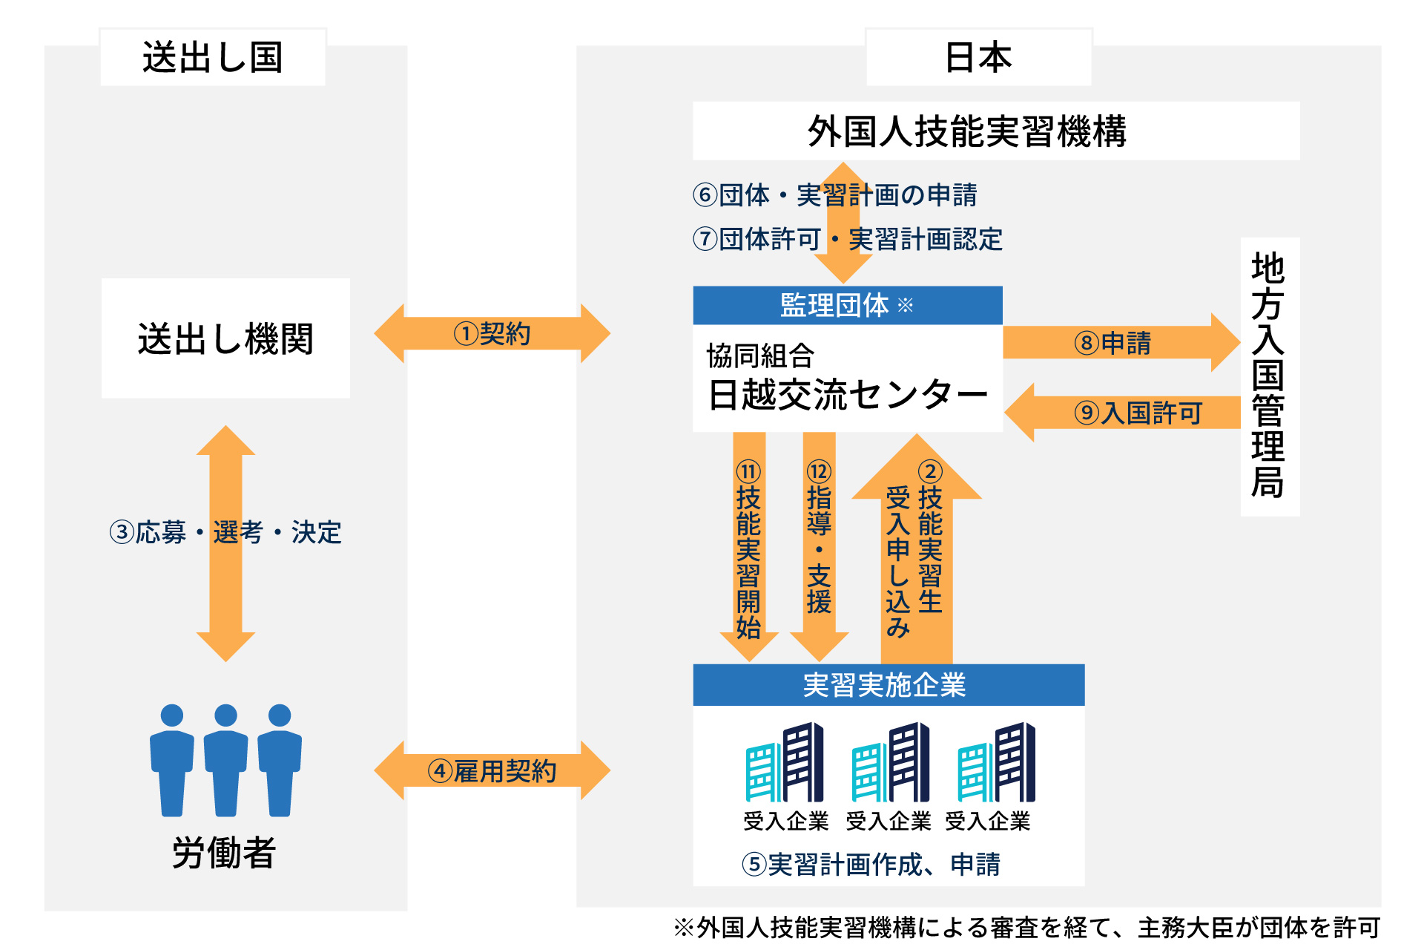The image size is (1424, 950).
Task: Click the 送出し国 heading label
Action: pyautogui.click(x=213, y=57)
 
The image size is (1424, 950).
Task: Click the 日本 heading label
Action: pyautogui.click(x=978, y=57)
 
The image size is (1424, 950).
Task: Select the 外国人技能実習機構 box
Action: pyautogui.click(x=995, y=131)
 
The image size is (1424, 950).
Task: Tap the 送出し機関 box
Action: pyautogui.click(x=225, y=338)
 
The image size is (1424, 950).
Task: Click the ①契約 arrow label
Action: pyautogui.click(x=492, y=334)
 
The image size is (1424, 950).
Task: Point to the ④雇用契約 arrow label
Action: pyautogui.click(x=492, y=771)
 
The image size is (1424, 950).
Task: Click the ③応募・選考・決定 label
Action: pyautogui.click(x=225, y=532)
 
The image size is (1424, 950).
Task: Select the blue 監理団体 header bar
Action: pyautogui.click(x=847, y=305)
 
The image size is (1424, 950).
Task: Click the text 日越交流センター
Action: pyautogui.click(x=848, y=394)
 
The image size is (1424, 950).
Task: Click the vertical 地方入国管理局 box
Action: pyautogui.click(x=1270, y=376)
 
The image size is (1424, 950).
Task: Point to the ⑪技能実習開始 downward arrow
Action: pyautogui.click(x=749, y=549)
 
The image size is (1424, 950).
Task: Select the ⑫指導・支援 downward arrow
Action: pyautogui.click(x=820, y=549)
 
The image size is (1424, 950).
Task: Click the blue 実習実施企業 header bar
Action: pyautogui.click(x=888, y=684)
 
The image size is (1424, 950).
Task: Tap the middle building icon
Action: pyautogui.click(x=890, y=763)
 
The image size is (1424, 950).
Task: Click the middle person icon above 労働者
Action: pyautogui.click(x=225, y=760)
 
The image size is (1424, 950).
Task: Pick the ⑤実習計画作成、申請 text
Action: pyautogui.click(x=871, y=865)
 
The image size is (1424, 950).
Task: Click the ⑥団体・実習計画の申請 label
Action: pyautogui.click(x=835, y=195)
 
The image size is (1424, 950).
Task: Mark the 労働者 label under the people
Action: pyautogui.click(x=224, y=852)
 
